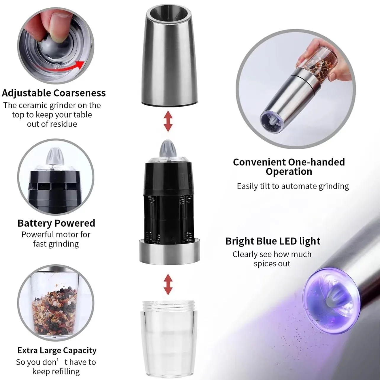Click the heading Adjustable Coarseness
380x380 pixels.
tap(54, 93)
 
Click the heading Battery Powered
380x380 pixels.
tap(56, 223)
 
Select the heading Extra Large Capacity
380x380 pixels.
tap(57, 350)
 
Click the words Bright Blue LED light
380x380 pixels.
tap(273, 241)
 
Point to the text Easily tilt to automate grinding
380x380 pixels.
tap(293, 186)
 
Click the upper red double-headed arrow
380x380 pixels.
tap(168, 121)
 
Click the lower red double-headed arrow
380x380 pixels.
tap(168, 284)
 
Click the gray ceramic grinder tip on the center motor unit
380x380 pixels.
tap(168, 149)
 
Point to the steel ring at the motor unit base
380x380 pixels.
tap(168, 252)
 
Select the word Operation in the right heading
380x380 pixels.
tap(289, 172)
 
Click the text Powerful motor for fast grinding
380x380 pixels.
tap(56, 239)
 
